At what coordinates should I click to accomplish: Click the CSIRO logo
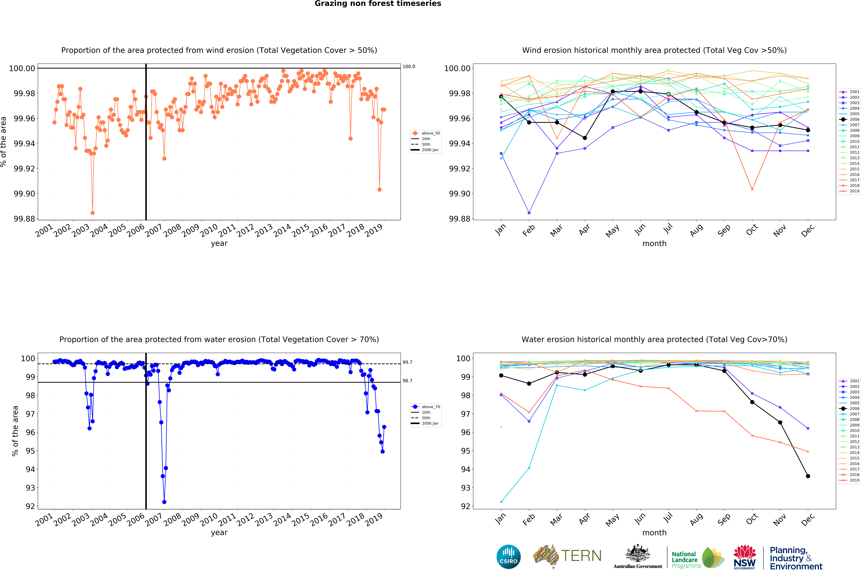click(508, 557)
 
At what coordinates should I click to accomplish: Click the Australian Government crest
click(637, 554)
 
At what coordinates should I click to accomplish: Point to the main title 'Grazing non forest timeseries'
click(378, 4)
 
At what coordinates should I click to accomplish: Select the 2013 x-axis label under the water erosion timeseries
click(264, 520)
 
